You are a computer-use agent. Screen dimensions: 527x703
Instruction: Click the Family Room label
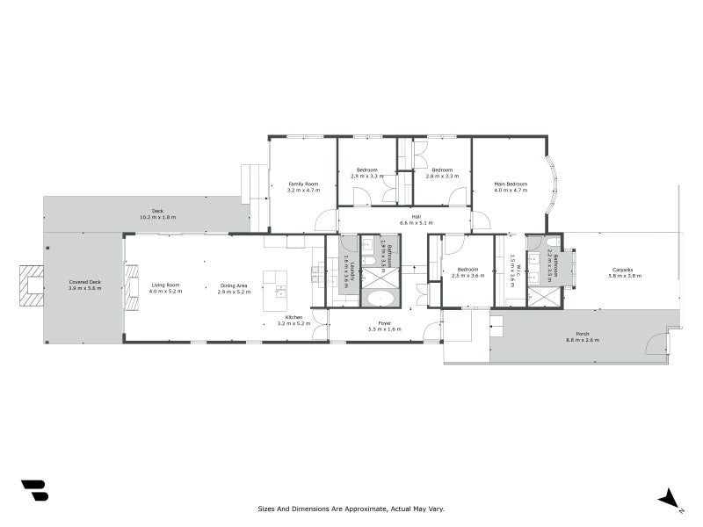[302, 184]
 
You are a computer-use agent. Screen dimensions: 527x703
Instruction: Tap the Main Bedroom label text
[510, 184]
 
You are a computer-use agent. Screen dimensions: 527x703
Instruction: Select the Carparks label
[622, 270]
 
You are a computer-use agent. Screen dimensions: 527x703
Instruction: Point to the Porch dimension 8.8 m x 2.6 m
[583, 339]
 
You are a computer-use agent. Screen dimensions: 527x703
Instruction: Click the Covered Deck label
[85, 282]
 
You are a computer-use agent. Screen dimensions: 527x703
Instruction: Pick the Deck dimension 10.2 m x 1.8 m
[157, 216]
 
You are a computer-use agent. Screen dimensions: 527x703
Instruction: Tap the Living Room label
[165, 285]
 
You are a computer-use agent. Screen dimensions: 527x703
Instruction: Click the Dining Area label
[234, 285]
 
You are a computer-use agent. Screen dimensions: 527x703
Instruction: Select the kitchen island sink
[280, 291]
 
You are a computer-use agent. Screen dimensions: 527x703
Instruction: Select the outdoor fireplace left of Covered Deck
[33, 285]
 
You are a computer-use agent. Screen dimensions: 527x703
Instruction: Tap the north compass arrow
[670, 498]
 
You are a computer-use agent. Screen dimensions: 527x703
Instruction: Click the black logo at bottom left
[34, 490]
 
